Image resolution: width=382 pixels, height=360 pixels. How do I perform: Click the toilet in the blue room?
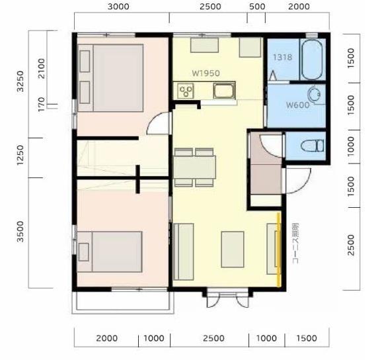click(313, 146)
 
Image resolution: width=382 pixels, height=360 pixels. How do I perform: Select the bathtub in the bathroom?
click(312, 60)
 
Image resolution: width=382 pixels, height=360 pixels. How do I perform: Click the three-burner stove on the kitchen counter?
click(186, 91)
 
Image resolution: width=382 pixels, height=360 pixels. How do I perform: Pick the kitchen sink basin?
click(224, 91)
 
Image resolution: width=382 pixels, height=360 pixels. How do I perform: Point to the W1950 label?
click(206, 73)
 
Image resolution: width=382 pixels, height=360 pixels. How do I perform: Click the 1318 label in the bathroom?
click(282, 58)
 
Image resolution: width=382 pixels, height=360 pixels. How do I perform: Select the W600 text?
click(297, 105)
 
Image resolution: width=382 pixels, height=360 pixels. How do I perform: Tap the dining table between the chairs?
click(194, 167)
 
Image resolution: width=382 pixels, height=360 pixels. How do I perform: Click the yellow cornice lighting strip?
click(278, 249)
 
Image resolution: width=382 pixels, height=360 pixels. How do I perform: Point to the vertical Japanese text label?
click(295, 244)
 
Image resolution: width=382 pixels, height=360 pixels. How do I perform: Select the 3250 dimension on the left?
click(21, 81)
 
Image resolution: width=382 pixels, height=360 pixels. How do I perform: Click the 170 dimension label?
click(42, 104)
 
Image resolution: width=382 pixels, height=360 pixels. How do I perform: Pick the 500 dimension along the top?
click(257, 7)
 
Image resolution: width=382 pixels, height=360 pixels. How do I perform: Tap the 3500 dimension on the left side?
click(20, 232)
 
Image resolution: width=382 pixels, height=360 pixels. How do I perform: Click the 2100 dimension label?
click(42, 69)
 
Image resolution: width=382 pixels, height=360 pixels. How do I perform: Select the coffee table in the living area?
click(233, 249)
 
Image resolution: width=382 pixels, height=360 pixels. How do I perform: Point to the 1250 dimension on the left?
click(20, 155)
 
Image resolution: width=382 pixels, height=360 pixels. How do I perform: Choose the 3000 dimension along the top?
click(118, 7)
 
